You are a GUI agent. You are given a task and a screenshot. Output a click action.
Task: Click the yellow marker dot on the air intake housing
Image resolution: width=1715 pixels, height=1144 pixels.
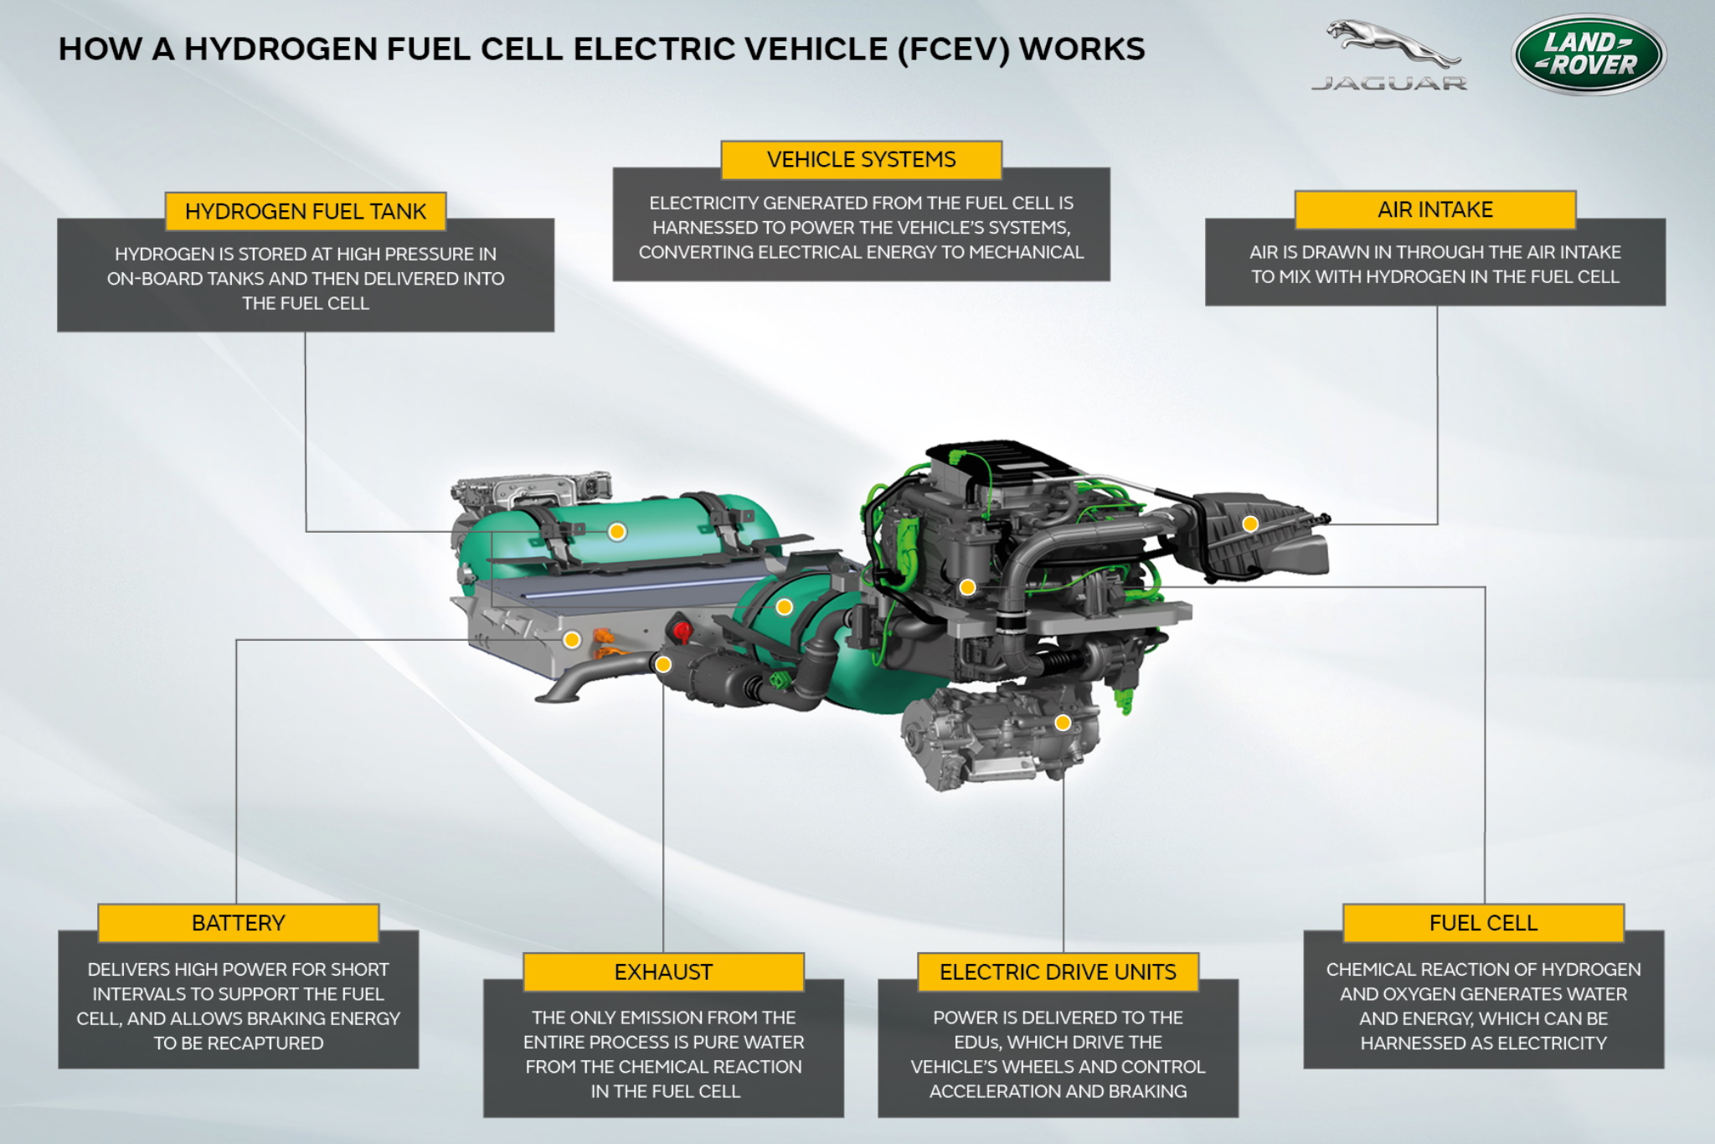(x=1250, y=524)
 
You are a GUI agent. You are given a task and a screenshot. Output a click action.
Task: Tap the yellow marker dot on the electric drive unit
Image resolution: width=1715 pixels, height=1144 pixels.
(x=1063, y=723)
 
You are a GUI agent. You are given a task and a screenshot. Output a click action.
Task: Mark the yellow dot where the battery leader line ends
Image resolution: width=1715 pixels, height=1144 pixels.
(x=572, y=640)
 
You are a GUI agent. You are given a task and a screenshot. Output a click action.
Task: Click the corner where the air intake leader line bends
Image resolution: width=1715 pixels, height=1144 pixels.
(x=1437, y=524)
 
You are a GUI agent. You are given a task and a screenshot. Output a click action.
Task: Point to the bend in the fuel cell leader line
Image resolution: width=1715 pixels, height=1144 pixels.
(x=1485, y=587)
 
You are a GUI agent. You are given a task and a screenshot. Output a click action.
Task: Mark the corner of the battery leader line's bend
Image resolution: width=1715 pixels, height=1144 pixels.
(x=237, y=641)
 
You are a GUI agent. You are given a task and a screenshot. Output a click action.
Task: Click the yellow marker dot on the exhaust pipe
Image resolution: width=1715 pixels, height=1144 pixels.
(x=663, y=665)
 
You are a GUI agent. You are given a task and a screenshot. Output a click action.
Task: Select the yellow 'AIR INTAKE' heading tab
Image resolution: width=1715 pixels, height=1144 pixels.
(x=1435, y=209)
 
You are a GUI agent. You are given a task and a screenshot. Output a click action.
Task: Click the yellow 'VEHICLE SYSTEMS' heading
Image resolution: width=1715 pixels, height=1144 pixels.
(x=861, y=159)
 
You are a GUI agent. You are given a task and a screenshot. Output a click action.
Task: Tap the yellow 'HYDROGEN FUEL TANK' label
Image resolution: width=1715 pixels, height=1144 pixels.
(x=306, y=211)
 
